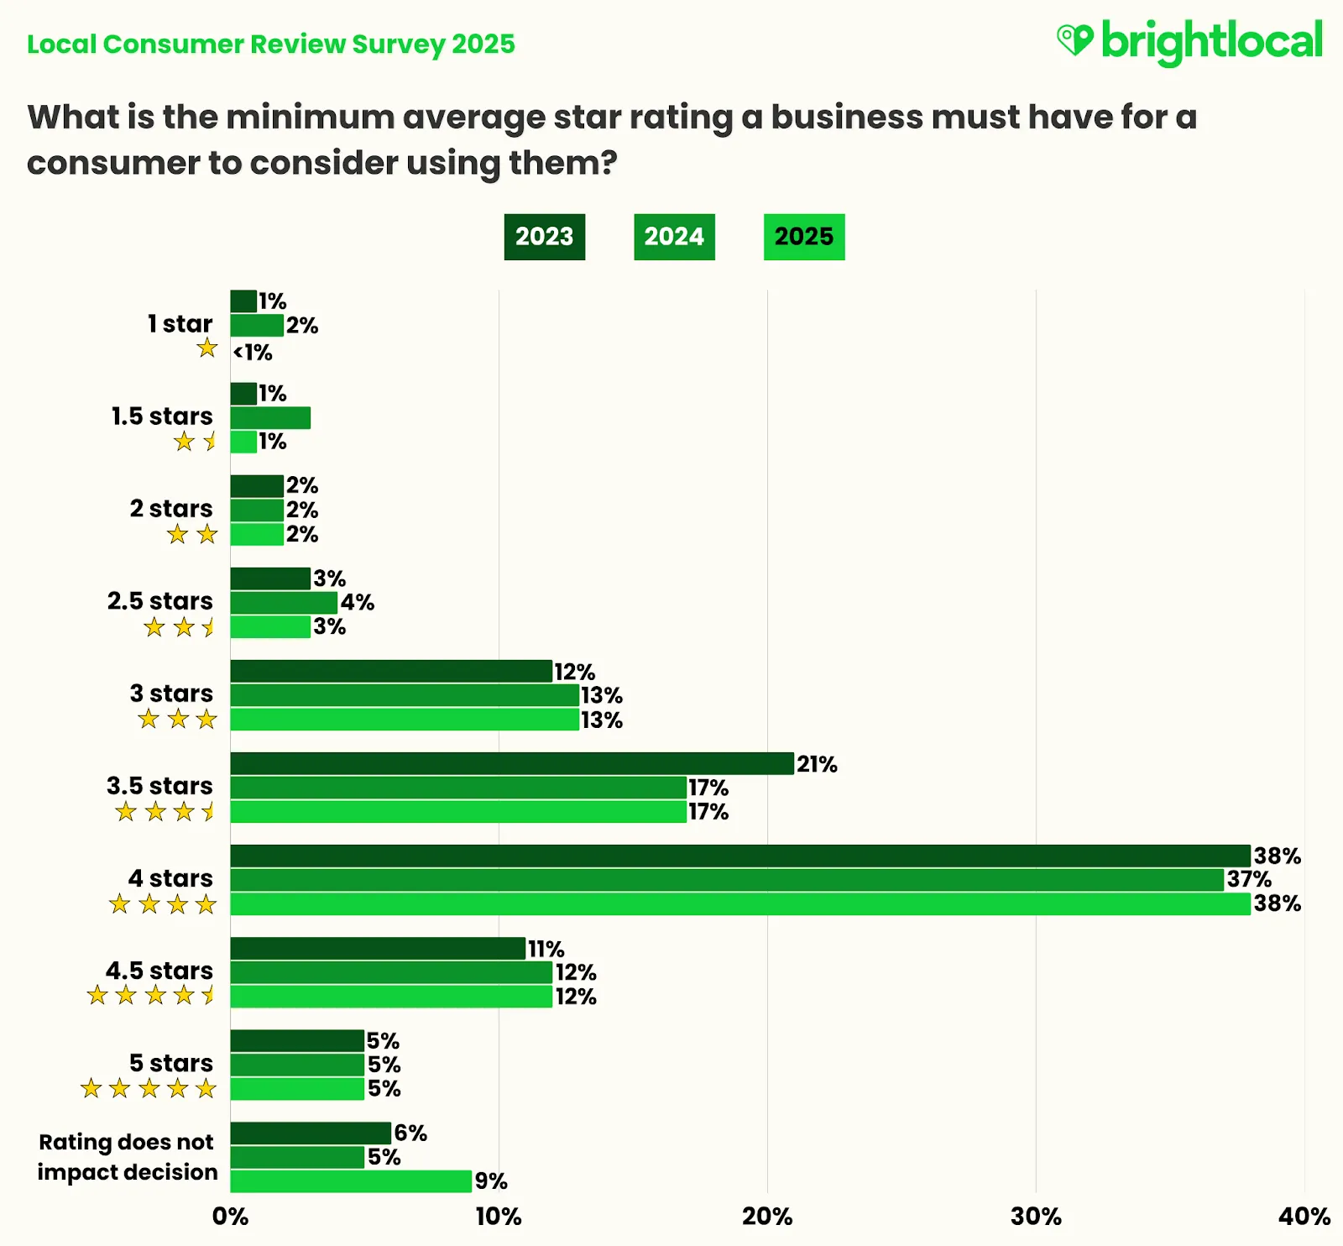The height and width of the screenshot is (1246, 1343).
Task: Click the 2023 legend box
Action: point(544,237)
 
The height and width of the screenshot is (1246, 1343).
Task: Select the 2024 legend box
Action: point(674,237)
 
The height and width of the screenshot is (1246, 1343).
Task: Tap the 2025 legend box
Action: point(803,237)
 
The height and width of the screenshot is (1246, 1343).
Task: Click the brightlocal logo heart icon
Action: point(1074,39)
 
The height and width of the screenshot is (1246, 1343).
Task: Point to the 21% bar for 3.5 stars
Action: point(512,763)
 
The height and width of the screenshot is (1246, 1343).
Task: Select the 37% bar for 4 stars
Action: point(726,880)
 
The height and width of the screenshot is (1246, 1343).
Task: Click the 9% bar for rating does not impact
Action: point(351,1181)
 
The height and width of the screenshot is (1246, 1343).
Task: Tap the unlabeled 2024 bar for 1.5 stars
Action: point(270,417)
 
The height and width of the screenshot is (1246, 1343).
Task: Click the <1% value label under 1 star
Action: point(253,352)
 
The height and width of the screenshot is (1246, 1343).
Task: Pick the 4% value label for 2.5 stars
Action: point(358,602)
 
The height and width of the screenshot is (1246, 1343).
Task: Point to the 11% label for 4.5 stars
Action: point(546,949)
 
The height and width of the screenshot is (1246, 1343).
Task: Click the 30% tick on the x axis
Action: point(1036,1217)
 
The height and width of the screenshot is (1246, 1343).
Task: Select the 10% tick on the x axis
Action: point(499,1217)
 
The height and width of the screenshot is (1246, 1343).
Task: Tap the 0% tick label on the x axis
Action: point(230,1217)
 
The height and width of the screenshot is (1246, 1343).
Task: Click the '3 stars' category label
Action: point(171,693)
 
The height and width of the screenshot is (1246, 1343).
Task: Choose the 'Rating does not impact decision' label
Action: point(127,1156)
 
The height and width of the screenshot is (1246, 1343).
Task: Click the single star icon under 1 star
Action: point(207,348)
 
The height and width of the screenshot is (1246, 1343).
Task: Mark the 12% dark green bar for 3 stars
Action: point(391,671)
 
